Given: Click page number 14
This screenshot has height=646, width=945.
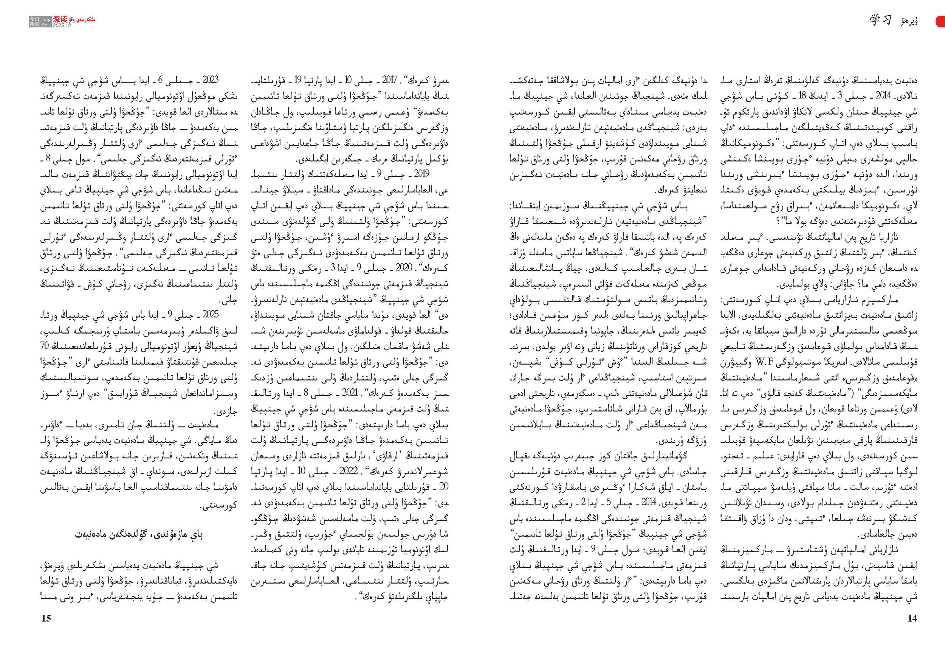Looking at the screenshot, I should click(x=912, y=618).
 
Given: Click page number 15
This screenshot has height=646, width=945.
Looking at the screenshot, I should click(x=46, y=618).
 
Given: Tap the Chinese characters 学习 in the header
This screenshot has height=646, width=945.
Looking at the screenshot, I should click(x=880, y=20).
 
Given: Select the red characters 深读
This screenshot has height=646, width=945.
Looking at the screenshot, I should click(x=60, y=19).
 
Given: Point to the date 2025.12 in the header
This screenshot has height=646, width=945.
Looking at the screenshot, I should click(x=62, y=25).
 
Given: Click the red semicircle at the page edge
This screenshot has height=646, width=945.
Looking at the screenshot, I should click(x=940, y=21).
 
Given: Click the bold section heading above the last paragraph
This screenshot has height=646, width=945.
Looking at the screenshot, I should click(x=139, y=534).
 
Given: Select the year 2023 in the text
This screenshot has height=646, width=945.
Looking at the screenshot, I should click(x=211, y=80).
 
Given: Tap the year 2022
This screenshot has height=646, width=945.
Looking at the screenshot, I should click(x=349, y=471).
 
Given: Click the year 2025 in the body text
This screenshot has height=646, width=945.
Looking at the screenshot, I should click(x=211, y=314).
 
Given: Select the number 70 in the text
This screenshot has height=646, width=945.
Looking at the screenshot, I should click(x=45, y=346).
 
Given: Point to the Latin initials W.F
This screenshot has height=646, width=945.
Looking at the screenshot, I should click(x=763, y=362).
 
